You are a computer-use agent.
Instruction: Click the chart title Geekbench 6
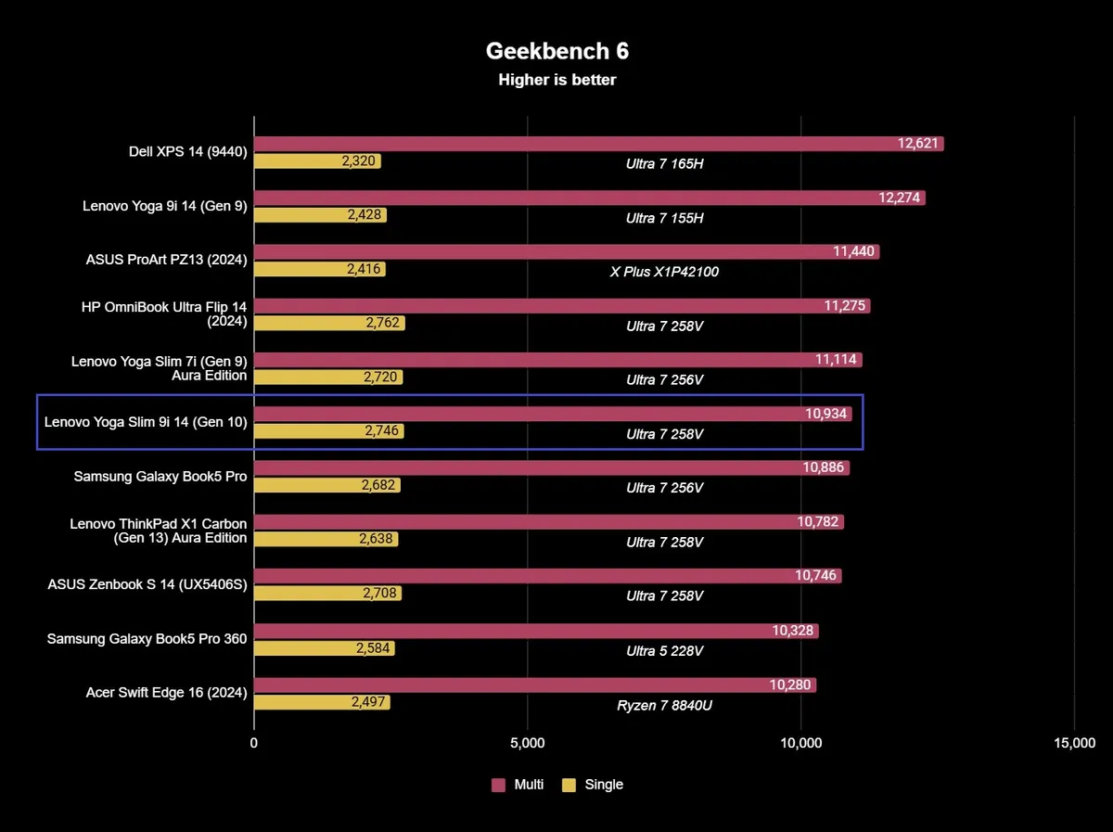[x=556, y=51]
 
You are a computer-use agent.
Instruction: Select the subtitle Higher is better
[x=556, y=80]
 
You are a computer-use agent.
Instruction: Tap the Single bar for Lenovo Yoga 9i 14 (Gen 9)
[x=320, y=215]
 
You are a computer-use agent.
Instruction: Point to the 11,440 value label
[x=852, y=251]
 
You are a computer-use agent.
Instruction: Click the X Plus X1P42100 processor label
[x=664, y=272]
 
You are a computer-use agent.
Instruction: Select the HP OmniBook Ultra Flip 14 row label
[x=164, y=314]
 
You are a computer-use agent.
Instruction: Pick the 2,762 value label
[x=379, y=323]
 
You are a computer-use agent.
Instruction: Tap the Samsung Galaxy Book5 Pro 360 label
[x=147, y=638]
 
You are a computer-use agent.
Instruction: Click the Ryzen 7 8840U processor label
[x=664, y=705]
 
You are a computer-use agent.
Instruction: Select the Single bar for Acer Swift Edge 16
[x=322, y=702]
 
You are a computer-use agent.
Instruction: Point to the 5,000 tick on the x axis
[x=527, y=743]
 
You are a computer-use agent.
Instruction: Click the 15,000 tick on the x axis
[x=1074, y=743]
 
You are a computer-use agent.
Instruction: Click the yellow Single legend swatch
[x=569, y=785]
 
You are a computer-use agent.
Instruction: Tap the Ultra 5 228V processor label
[x=664, y=651]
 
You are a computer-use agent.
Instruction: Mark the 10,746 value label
[x=816, y=576]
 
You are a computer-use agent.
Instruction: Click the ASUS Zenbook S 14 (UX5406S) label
[x=147, y=584]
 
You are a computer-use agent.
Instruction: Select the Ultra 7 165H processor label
[x=664, y=164]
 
